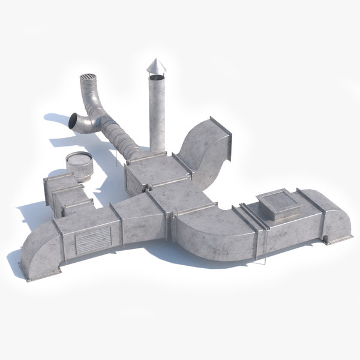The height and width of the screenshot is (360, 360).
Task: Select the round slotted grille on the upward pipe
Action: tap(88, 79)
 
